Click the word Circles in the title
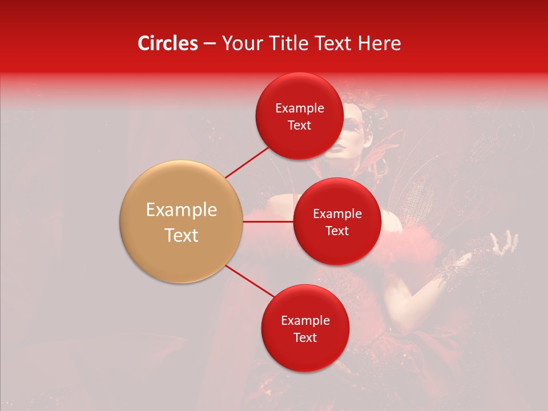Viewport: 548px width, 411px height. click(x=167, y=43)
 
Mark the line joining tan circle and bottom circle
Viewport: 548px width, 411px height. click(x=249, y=281)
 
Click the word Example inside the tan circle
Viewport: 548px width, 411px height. click(x=181, y=210)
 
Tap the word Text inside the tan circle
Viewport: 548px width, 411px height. click(x=181, y=235)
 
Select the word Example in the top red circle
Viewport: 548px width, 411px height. click(x=299, y=108)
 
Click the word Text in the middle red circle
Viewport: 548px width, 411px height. click(x=337, y=231)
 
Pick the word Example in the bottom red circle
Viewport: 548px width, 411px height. click(x=305, y=321)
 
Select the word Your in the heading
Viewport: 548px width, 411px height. click(x=240, y=43)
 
